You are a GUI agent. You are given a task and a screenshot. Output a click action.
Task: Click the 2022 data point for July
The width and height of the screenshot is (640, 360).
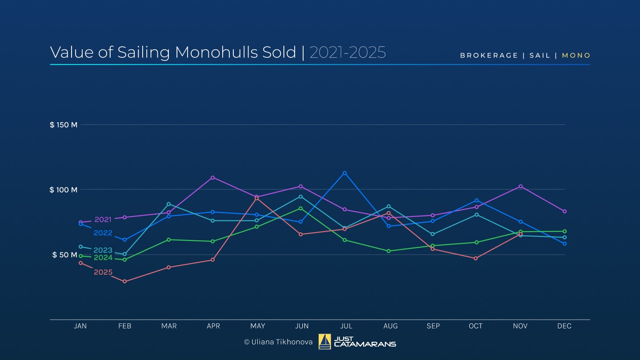[344, 173]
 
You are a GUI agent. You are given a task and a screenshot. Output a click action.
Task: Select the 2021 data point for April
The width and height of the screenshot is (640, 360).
[213, 177]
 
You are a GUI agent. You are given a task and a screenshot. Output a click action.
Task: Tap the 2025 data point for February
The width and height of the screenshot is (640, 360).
[124, 281]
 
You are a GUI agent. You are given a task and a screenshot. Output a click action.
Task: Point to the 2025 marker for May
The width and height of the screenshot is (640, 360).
[256, 198]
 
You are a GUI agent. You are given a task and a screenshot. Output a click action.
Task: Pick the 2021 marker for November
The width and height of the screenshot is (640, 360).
[520, 186]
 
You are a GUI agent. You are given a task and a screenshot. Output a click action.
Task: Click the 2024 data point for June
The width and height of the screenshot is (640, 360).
[301, 208]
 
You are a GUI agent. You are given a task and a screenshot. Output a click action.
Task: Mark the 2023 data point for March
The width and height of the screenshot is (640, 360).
[168, 204]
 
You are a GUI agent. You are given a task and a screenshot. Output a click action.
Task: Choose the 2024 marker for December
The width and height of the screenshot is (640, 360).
[564, 231]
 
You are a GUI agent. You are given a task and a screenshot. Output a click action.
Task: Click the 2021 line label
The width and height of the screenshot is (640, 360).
[103, 220]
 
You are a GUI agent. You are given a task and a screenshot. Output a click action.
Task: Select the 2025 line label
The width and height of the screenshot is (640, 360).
[103, 272]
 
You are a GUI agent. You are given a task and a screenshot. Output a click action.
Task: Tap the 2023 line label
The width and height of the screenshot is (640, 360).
[103, 250]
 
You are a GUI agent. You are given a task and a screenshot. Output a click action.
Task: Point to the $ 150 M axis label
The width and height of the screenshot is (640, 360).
[64, 125]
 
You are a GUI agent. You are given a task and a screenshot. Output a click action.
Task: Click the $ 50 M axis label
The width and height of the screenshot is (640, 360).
[65, 255]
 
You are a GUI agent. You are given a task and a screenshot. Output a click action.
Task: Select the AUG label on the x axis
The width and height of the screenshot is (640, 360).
[391, 326]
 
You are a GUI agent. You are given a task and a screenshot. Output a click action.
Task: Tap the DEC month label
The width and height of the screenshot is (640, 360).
[564, 326]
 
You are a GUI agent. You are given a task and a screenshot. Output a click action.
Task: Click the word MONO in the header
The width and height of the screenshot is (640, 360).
[576, 56]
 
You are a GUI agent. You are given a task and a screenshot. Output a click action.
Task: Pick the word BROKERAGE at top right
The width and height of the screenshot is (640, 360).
[489, 56]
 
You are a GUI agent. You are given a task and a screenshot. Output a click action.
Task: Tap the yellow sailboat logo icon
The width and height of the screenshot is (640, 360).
[324, 342]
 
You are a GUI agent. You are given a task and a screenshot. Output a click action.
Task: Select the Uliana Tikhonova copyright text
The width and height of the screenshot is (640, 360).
[278, 342]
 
